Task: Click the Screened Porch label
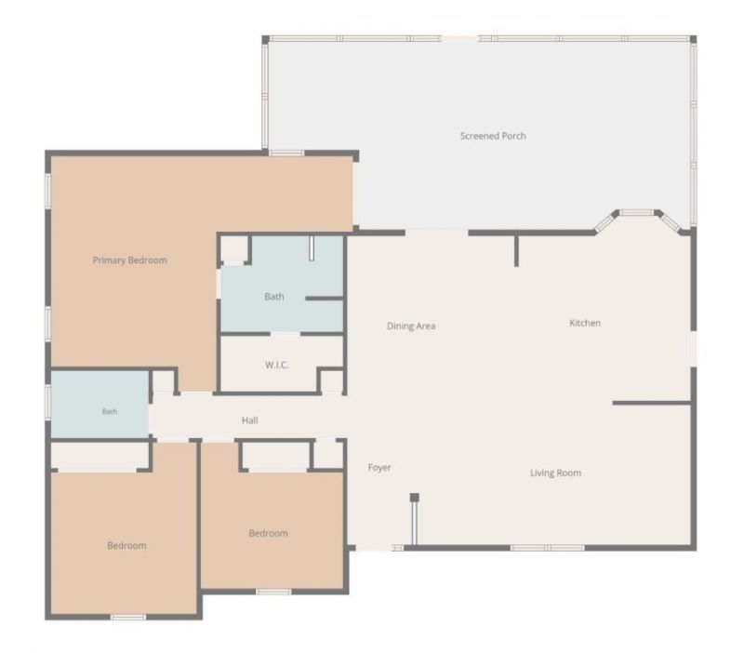click(493, 136)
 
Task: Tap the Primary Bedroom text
click(129, 260)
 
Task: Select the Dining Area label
click(411, 326)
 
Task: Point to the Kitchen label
click(585, 323)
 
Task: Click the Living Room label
click(555, 473)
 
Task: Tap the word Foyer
click(379, 468)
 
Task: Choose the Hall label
click(250, 420)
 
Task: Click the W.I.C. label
click(276, 365)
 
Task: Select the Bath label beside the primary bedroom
click(274, 297)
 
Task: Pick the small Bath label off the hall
click(110, 411)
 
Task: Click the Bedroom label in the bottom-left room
click(126, 546)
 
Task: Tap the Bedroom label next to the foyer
click(268, 533)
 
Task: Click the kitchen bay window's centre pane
click(637, 213)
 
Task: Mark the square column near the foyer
click(414, 498)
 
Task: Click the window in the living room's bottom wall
click(548, 548)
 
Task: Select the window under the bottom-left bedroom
click(128, 617)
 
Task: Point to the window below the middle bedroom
click(273, 592)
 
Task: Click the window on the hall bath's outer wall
click(48, 402)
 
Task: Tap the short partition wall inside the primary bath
click(324, 299)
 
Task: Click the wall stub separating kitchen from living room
click(652, 403)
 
